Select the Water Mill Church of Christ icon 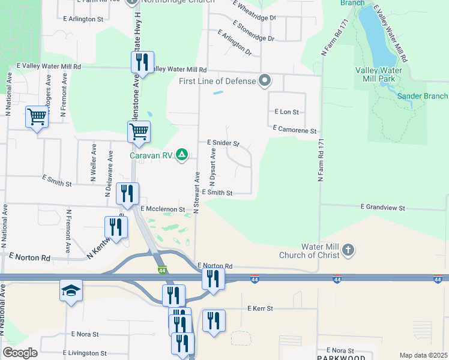[348, 250]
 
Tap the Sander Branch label [423, 96]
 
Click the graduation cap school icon [71, 291]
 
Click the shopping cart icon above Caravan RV [139, 131]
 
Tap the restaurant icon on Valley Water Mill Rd [142, 62]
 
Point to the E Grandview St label [383, 207]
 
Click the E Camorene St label [294, 130]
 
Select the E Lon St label [286, 112]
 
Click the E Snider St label [223, 143]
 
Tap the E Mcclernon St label [163, 209]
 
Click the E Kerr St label [260, 308]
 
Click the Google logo [20, 353]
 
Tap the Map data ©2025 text [423, 355]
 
